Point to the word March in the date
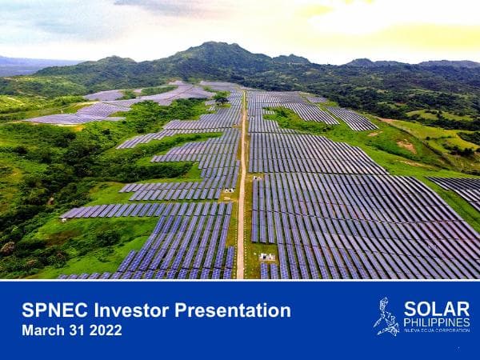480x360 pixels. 42,330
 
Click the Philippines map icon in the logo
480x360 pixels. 386,317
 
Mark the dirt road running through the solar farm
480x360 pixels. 241,208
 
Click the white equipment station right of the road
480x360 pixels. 266,257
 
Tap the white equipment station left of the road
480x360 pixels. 230,190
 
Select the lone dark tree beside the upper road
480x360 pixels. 221,98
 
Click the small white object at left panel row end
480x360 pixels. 63,218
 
